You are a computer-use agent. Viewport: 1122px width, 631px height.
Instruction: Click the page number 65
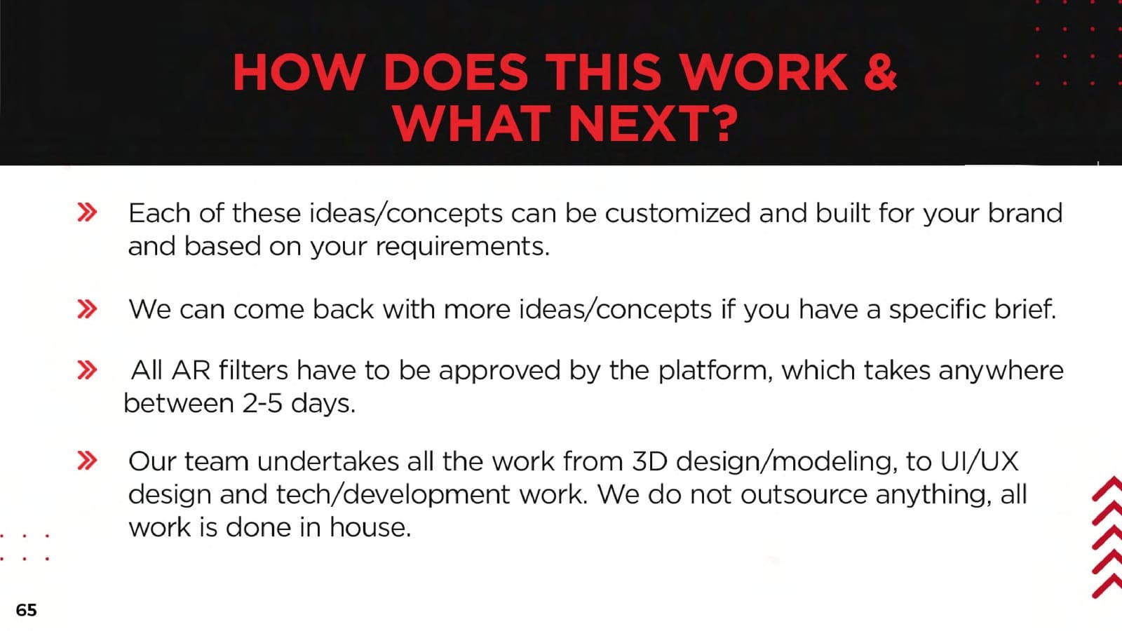click(x=26, y=610)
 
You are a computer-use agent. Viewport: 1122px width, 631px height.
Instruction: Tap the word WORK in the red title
click(x=765, y=73)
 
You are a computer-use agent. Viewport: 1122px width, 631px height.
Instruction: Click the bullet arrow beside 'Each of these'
click(x=87, y=212)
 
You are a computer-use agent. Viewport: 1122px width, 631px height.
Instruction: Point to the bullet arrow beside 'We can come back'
click(x=87, y=309)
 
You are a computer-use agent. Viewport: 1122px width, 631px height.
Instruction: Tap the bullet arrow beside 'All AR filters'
click(x=87, y=370)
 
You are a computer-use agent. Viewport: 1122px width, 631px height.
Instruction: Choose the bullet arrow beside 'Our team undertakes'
click(x=87, y=461)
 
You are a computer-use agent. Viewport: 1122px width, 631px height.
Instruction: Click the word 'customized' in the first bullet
click(x=677, y=213)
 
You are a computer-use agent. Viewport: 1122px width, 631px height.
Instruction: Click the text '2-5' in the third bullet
click(x=262, y=404)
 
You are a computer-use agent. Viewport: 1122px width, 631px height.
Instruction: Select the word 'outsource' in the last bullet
click(x=804, y=495)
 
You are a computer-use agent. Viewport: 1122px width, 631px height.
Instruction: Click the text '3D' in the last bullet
click(x=649, y=461)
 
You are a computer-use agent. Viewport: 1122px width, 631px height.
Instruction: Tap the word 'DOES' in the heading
click(x=455, y=73)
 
